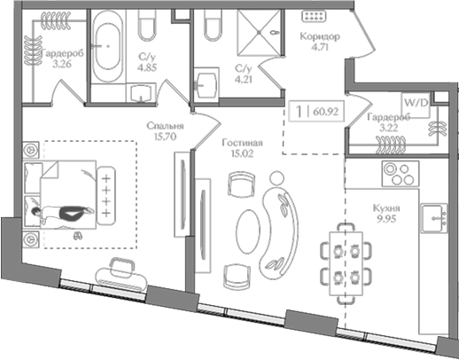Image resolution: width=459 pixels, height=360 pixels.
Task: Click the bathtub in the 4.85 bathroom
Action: click(107, 46)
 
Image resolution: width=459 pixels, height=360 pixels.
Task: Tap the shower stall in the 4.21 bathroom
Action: click(259, 32)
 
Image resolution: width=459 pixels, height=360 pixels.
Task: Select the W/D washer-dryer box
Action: click(416, 106)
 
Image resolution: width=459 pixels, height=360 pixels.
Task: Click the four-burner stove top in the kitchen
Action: click(401, 174)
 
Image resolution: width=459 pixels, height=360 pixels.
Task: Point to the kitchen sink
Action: click(434, 218)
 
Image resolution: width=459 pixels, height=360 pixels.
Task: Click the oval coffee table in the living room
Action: click(248, 231)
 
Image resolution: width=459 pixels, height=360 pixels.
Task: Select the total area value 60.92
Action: click(325, 112)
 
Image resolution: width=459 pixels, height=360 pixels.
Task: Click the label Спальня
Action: click(165, 126)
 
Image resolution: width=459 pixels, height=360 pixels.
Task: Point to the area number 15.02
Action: click(243, 153)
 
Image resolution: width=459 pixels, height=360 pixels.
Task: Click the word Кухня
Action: click(386, 208)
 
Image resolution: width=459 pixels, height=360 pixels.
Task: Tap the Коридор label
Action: click(320, 36)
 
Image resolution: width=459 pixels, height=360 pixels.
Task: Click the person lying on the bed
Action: click(63, 213)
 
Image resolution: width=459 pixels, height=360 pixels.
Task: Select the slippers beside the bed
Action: click(78, 236)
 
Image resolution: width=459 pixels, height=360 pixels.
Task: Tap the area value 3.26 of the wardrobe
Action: click(62, 64)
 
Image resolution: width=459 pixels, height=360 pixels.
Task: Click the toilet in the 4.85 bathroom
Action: click(147, 26)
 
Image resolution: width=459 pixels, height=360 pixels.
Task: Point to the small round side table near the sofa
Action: click(276, 178)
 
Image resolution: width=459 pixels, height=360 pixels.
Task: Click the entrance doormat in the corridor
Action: click(314, 16)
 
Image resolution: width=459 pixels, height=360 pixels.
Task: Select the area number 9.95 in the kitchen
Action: click(386, 219)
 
